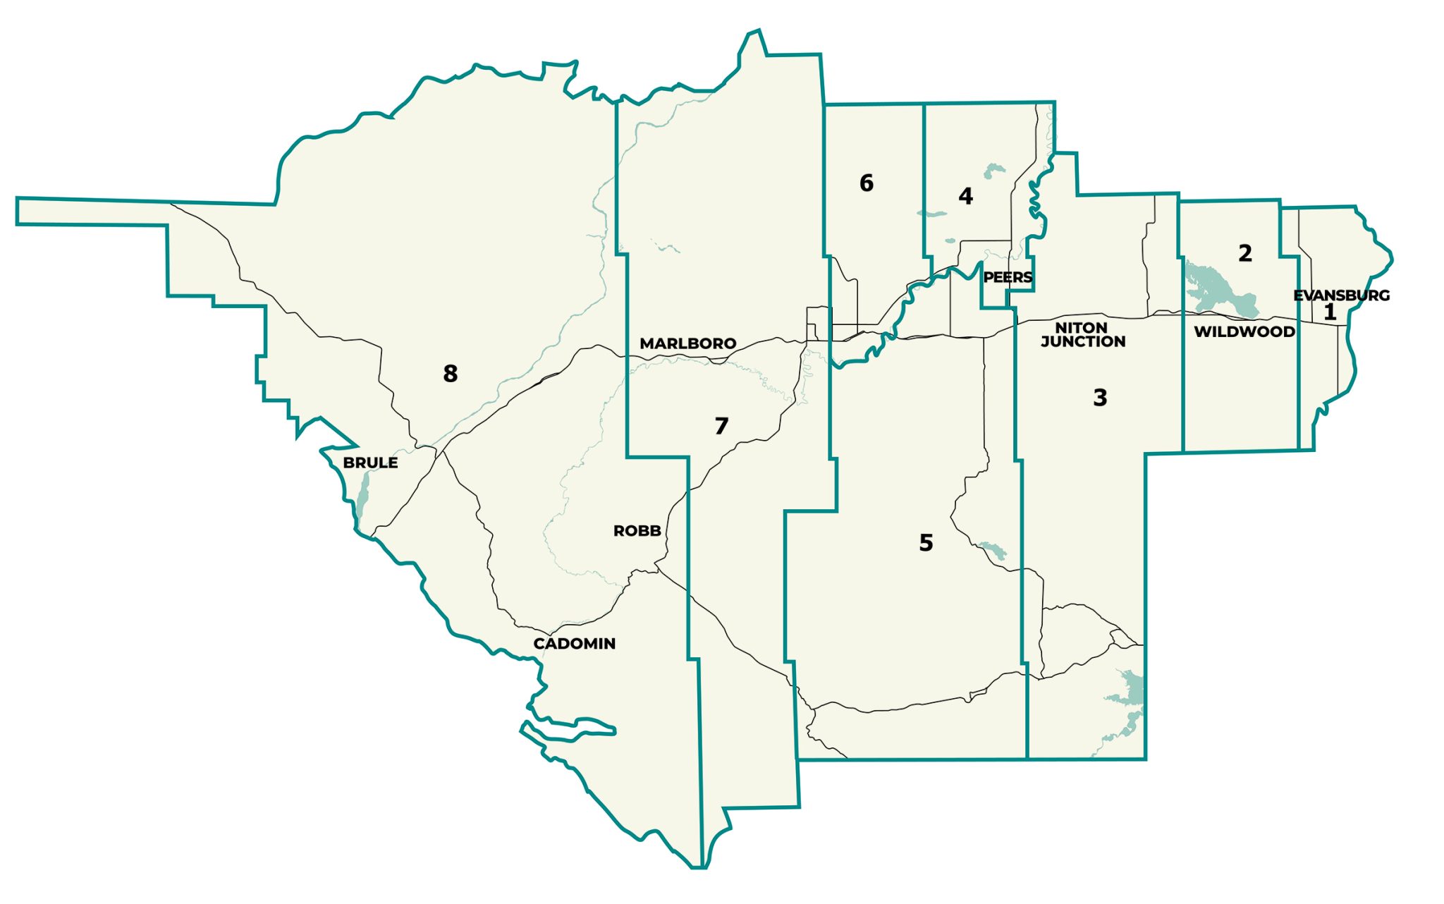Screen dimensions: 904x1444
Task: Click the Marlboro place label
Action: coord(687,343)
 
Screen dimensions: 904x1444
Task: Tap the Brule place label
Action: coord(370,463)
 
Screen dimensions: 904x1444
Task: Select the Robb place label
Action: coord(637,531)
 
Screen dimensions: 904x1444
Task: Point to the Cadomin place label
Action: coord(574,643)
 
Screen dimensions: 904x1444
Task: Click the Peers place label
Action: coord(1008,277)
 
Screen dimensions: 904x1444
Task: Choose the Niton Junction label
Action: coord(1082,335)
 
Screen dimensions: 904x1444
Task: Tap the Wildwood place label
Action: coord(1244,331)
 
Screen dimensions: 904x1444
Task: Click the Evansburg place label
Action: coord(1341,295)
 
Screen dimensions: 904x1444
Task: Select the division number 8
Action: coord(450,373)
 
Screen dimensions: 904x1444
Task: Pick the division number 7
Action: coord(721,426)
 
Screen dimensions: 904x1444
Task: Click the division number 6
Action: coord(867,183)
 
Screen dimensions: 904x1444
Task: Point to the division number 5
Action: coord(926,542)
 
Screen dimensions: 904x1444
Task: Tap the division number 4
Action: coord(965,196)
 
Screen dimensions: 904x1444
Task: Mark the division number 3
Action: coord(1100,398)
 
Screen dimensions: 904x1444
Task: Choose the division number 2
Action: coord(1245,253)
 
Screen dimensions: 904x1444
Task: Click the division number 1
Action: coord(1330,312)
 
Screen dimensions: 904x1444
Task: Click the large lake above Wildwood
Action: coord(1216,290)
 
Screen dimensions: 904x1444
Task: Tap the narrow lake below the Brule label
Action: coord(362,496)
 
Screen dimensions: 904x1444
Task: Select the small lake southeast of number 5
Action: coord(993,550)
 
